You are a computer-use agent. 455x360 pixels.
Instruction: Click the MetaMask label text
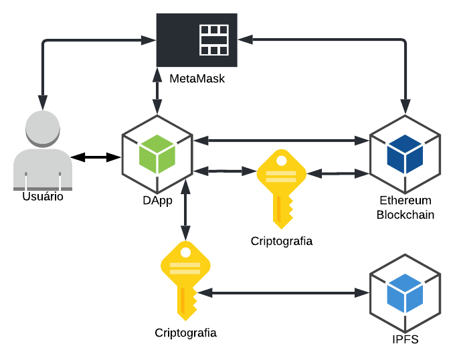(197, 79)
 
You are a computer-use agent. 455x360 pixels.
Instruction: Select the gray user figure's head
(43, 129)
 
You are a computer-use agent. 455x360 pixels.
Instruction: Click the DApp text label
(159, 201)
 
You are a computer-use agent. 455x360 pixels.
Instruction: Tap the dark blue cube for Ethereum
(405, 153)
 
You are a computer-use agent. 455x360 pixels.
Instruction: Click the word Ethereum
(405, 201)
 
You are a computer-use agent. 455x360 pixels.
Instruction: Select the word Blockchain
(405, 215)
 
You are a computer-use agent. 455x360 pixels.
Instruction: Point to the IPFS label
(405, 339)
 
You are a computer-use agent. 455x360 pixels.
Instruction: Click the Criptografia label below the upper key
(282, 241)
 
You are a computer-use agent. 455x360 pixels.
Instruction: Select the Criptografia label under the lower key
(185, 333)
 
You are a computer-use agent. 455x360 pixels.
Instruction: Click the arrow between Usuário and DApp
(96, 157)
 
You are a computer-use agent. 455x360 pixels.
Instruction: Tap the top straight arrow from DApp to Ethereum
(281, 141)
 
